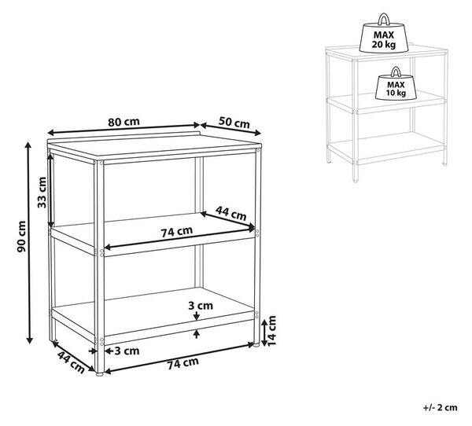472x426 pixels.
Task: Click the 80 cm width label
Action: [124, 122]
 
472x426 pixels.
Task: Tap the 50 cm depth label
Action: [234, 123]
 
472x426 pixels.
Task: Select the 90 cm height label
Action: [21, 236]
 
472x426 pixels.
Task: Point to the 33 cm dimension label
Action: [42, 193]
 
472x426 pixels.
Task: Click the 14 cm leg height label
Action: [271, 331]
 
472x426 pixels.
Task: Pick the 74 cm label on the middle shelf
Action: [176, 232]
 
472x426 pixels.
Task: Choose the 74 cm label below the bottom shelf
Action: [183, 363]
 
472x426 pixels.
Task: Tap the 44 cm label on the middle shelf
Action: [230, 213]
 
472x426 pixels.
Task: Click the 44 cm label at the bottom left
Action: [71, 362]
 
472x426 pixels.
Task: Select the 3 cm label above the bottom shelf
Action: [201, 306]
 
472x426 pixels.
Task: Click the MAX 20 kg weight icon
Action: [384, 33]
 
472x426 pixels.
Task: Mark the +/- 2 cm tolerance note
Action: [440, 408]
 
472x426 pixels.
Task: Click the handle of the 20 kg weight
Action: [384, 19]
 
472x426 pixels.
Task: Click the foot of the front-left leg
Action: [99, 375]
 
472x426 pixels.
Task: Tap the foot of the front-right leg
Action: [256, 345]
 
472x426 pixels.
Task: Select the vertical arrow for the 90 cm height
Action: [29, 243]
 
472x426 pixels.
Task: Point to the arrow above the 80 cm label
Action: [124, 129]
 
